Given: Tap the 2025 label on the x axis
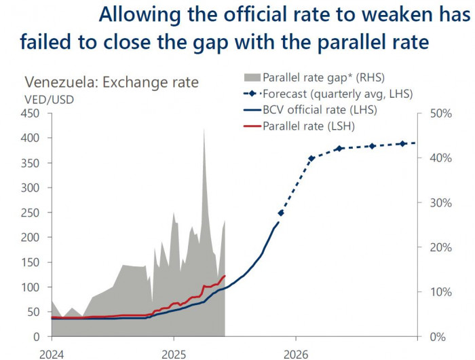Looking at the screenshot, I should pyautogui.click(x=173, y=354).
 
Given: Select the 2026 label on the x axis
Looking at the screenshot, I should pyautogui.click(x=296, y=354).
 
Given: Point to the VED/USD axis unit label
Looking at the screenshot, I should pyautogui.click(x=49, y=99).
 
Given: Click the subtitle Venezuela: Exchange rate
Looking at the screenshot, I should pyautogui.click(x=112, y=83).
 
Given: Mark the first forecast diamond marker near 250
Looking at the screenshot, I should pyautogui.click(x=281, y=213).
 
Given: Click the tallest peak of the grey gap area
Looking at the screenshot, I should pyautogui.click(x=204, y=129).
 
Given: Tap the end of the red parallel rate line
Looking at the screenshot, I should pyautogui.click(x=225, y=276).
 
